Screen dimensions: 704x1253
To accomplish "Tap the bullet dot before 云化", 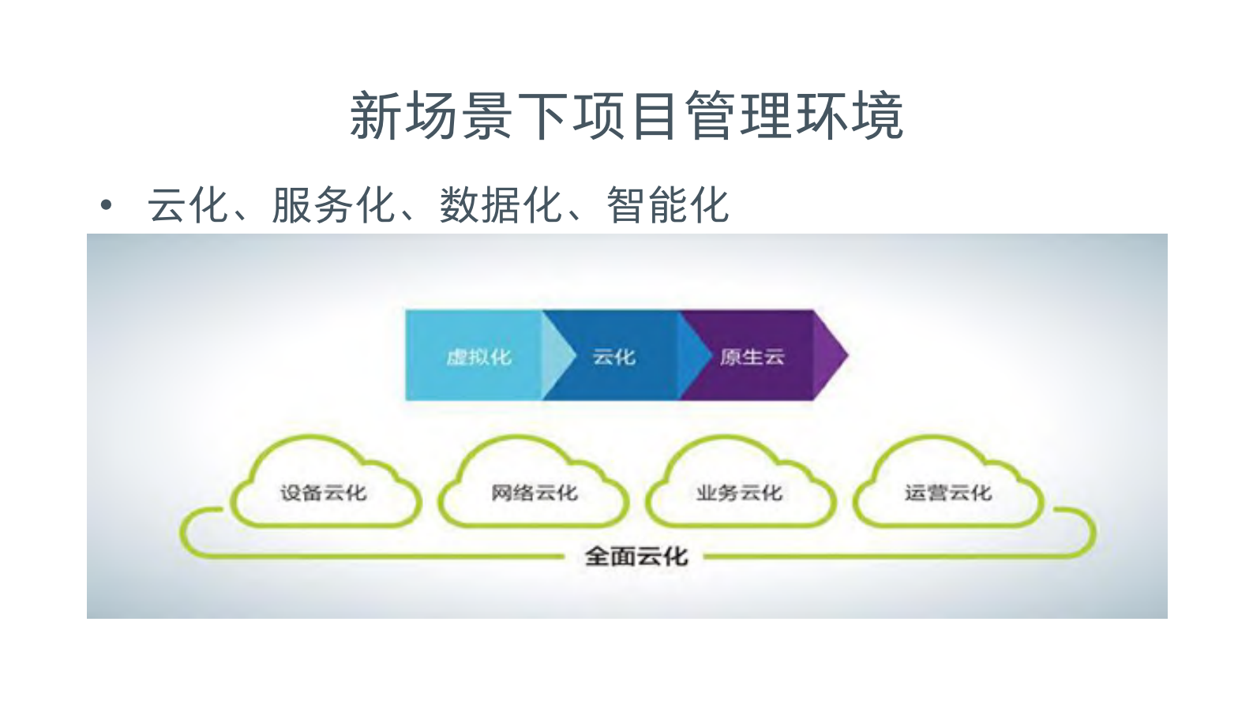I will (x=107, y=207).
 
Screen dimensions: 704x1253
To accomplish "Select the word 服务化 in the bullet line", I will (x=332, y=206).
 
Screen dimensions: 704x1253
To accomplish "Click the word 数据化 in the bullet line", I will (x=500, y=206).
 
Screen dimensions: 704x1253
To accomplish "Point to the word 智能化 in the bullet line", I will (x=667, y=206).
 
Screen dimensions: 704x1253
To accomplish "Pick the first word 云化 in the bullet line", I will (x=187, y=206).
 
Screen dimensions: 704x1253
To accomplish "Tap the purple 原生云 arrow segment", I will (x=751, y=357).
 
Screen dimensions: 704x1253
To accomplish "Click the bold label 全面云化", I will (x=636, y=556).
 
